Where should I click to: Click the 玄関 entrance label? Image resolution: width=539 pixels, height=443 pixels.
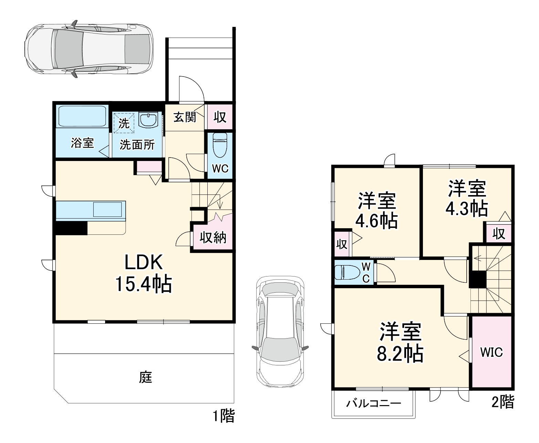185,118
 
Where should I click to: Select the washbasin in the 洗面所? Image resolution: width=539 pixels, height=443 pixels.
148,120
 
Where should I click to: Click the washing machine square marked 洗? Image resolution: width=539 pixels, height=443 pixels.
124,123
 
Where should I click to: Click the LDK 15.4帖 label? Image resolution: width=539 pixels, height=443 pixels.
144,273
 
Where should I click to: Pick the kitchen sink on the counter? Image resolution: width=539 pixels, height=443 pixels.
107,209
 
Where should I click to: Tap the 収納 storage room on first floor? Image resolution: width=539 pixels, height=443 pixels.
213,238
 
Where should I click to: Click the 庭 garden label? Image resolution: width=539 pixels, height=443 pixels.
146,377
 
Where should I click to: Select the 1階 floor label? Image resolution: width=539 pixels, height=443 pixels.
224,416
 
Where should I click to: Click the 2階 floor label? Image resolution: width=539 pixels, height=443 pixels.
502,402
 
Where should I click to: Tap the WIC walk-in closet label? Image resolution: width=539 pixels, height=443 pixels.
491,352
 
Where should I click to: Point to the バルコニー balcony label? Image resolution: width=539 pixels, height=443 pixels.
374,404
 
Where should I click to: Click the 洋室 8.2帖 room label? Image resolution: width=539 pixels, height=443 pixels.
400,342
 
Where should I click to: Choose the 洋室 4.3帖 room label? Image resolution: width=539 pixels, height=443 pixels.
467,199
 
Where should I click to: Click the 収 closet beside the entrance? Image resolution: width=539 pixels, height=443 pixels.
220,117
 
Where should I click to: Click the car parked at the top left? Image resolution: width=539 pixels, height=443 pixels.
89,49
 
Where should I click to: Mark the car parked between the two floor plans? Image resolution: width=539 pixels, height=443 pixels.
280,332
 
